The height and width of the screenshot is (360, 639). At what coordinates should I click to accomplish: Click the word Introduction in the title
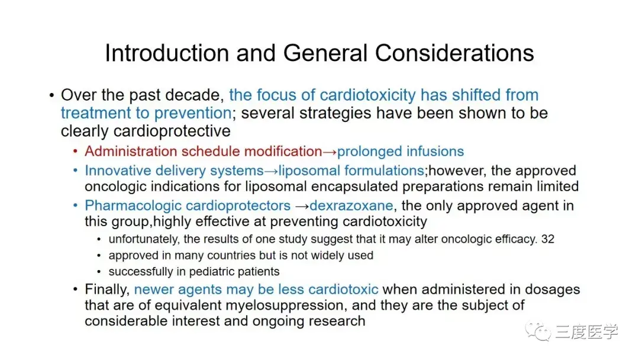[167, 53]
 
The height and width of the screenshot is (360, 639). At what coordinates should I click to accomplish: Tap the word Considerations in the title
[454, 53]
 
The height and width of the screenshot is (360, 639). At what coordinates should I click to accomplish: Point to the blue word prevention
[193, 113]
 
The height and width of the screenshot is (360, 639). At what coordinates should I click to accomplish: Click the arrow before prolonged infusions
[330, 152]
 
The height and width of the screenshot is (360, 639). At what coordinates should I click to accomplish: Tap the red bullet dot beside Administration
[75, 152]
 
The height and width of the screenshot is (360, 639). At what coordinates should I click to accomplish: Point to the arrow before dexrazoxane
[302, 206]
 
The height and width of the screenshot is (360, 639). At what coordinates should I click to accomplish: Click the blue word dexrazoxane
[351, 205]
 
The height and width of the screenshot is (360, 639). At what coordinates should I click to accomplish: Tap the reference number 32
[548, 239]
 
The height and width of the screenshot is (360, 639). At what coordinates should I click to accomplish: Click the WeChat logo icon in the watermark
[538, 331]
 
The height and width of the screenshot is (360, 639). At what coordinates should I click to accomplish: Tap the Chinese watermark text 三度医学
[586, 332]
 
